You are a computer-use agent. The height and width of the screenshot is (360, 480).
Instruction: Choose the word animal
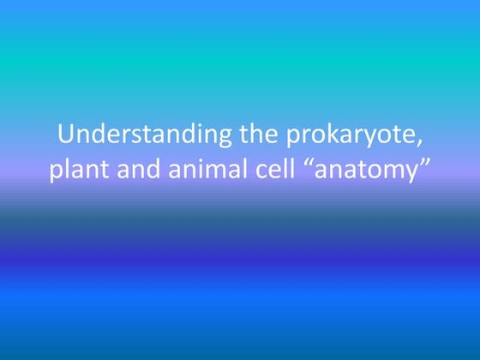click(x=204, y=169)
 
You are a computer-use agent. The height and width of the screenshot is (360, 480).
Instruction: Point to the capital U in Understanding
click(x=65, y=135)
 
